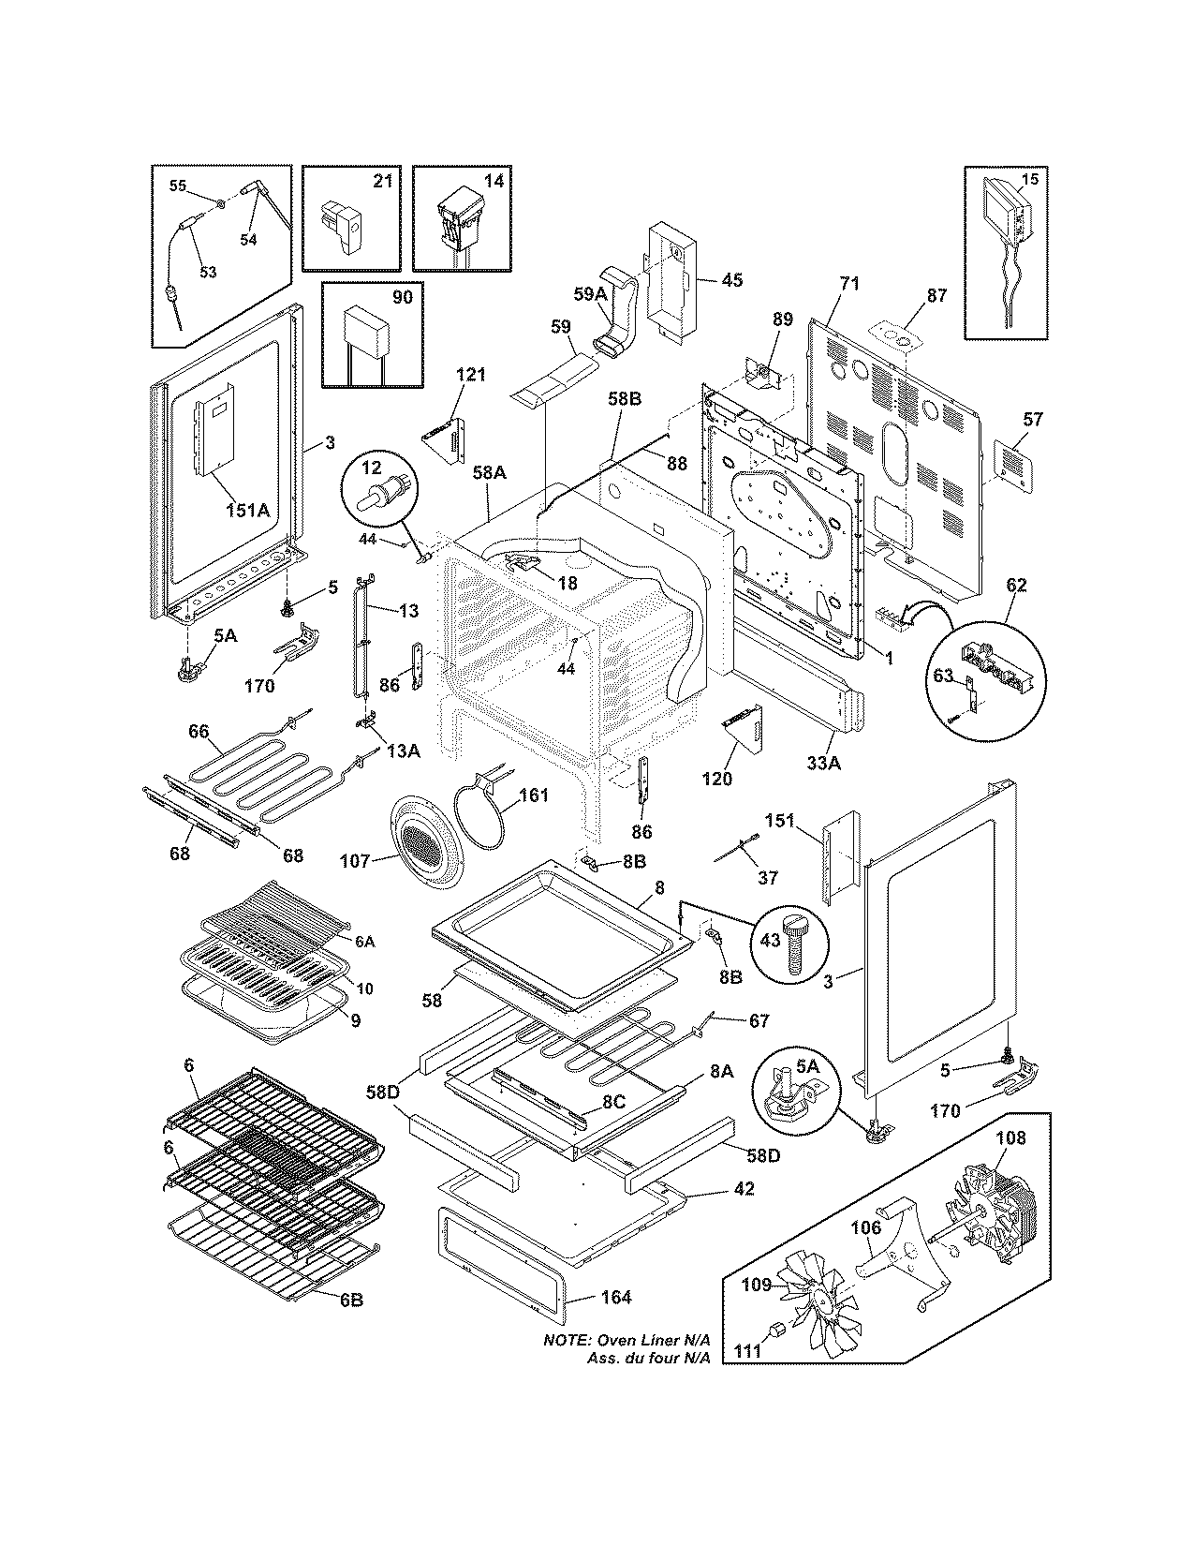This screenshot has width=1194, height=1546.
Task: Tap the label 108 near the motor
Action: click(1010, 1138)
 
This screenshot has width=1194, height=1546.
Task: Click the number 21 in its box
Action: click(381, 181)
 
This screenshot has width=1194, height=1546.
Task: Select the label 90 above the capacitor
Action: click(401, 297)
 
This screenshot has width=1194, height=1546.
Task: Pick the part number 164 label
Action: click(615, 1297)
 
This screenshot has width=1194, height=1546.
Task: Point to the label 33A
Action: click(824, 763)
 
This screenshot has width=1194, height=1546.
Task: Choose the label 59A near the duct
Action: click(590, 292)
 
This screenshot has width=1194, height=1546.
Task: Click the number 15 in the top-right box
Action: click(1028, 178)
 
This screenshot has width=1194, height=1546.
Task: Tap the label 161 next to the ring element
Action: click(535, 796)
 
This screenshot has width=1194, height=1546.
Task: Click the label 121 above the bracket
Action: click(471, 375)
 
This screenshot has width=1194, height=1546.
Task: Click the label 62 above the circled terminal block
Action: click(1016, 586)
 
